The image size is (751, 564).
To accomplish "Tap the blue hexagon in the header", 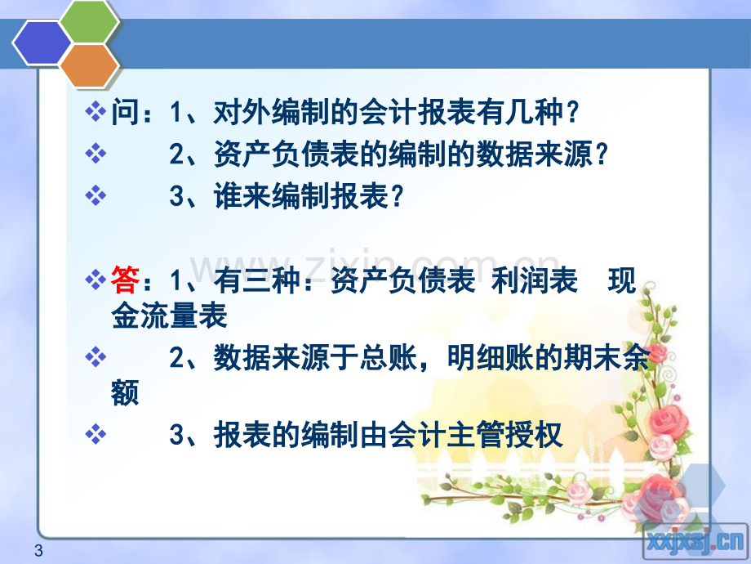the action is coord(42,43).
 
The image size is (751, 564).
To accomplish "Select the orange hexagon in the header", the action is coord(89,65).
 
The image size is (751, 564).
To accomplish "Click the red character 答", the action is coord(125,280).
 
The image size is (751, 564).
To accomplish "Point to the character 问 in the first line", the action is coord(126,113).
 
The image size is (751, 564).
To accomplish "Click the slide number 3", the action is coord(39,551).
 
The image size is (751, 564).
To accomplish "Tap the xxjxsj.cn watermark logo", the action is coord(695,542).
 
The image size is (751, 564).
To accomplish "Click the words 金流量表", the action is coord(169,316).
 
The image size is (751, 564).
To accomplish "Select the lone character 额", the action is coord(125,392).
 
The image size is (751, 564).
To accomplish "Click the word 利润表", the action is coord(534,280).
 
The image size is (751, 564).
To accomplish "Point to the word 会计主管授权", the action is coord(474,435).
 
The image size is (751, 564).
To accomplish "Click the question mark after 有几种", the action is coord(571,113).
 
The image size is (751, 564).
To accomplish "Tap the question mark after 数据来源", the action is coord(601,155).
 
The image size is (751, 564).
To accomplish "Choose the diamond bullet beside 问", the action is coord(96,112).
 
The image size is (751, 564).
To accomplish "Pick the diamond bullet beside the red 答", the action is coord(96,279).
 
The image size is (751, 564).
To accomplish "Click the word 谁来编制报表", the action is coord(300,196).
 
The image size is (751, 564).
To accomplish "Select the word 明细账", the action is coord(490,357).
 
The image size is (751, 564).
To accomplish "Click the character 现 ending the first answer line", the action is coord(622,280).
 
